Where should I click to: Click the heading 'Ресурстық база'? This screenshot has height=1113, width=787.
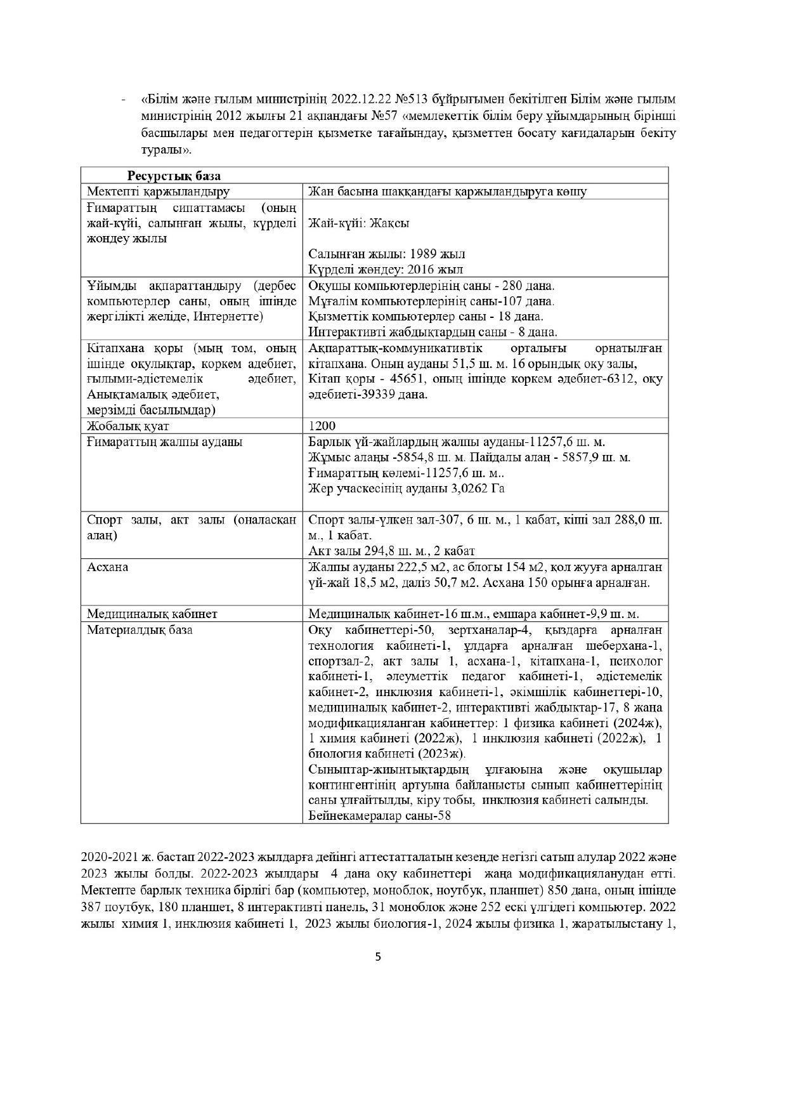[x=174, y=176]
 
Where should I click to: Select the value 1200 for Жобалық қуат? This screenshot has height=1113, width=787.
[x=322, y=426]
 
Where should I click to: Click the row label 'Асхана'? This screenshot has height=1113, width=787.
[x=107, y=567]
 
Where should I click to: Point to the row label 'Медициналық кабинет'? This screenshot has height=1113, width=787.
[x=152, y=614]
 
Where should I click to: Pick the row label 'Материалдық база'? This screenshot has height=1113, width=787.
[x=140, y=629]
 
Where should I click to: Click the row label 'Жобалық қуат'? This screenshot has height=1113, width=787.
[x=128, y=426]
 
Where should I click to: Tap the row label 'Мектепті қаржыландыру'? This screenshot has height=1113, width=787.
[x=159, y=191]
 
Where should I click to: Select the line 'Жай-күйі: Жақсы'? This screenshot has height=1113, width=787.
[x=358, y=223]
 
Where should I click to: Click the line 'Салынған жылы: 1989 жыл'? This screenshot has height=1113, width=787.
[x=386, y=254]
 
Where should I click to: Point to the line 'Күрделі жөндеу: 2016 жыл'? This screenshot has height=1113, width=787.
[x=386, y=269]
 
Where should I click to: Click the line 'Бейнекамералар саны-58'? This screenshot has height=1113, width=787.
[x=379, y=816]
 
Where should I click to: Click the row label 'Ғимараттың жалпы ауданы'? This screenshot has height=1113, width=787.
[x=164, y=442]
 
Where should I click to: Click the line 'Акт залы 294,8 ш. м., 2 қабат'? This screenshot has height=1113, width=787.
[x=391, y=550]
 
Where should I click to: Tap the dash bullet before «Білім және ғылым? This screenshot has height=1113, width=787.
[x=123, y=100]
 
